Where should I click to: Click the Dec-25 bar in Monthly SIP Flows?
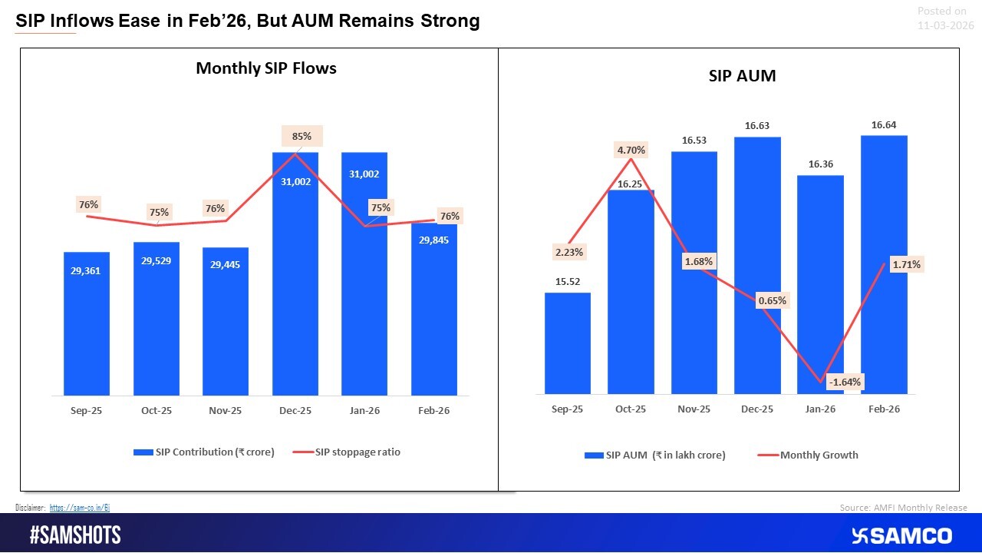(x=295, y=292)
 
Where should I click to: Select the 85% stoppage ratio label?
(x=302, y=137)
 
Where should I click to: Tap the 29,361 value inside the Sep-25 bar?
(x=86, y=270)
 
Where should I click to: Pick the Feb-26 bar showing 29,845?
(x=434, y=315)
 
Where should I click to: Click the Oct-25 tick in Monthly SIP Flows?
(x=156, y=411)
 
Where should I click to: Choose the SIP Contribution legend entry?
(x=204, y=452)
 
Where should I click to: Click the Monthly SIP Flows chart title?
(x=266, y=68)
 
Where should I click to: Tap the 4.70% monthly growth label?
(x=631, y=150)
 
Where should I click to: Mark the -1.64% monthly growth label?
(x=844, y=382)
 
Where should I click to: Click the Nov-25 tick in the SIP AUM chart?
(x=694, y=409)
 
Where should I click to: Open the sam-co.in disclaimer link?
(x=80, y=508)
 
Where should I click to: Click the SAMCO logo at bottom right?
(x=901, y=535)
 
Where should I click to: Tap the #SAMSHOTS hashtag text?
(x=75, y=535)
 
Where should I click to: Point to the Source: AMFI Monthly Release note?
(x=903, y=508)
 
